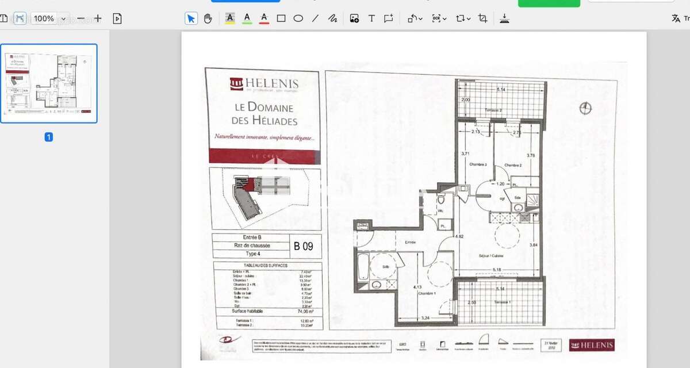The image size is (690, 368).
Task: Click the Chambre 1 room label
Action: [426, 293]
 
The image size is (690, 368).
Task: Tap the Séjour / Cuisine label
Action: [490, 255]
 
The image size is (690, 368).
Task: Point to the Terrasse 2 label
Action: [493, 110]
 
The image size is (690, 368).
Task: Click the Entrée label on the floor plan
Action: [410, 242]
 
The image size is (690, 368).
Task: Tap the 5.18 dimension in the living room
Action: [497, 269]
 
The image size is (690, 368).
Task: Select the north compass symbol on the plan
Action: [585, 108]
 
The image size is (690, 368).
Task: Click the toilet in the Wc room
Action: [441, 201]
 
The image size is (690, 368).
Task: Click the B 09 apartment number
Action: [304, 247]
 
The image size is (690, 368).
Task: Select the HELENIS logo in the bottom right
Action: [591, 345]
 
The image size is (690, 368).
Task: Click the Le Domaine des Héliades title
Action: [264, 114]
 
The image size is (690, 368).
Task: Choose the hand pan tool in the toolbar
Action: [208, 18]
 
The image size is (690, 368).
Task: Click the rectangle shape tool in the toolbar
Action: [281, 18]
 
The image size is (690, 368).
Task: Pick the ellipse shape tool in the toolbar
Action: [298, 18]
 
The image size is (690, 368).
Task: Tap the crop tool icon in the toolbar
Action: [482, 18]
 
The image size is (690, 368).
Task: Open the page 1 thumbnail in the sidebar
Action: [49, 83]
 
